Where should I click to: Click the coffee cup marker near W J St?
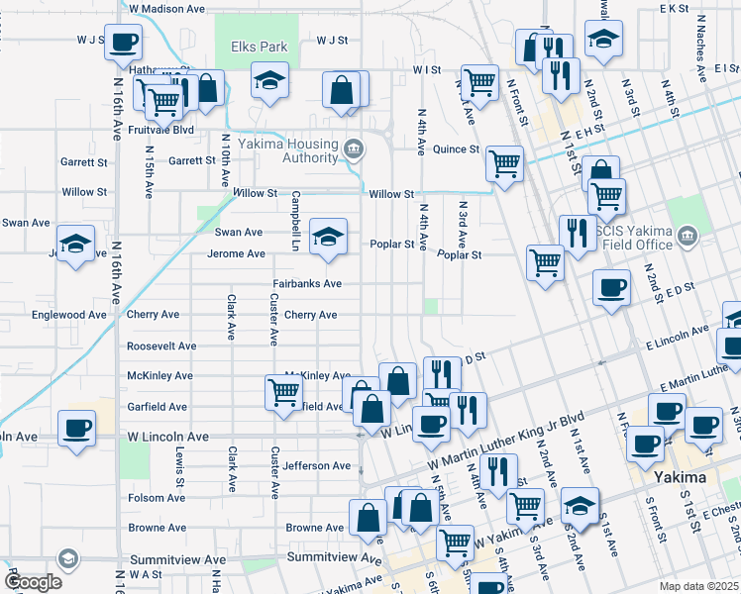coord(123,43)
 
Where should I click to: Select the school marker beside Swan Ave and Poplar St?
coord(329,237)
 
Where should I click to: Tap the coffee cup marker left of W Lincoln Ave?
coord(77,428)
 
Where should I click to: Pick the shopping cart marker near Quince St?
coord(505,164)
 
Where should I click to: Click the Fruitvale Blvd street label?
coord(157,130)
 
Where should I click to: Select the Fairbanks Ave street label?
coord(308,284)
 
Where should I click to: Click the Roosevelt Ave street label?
coord(161,346)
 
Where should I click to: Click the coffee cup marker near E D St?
coord(611,287)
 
